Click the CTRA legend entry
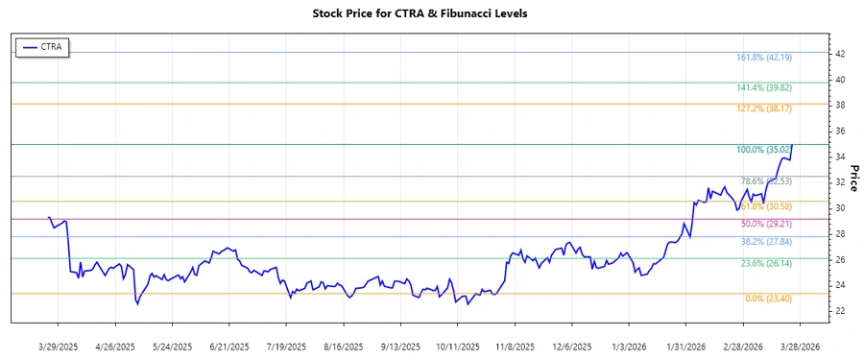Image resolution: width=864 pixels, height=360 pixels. coord(43,46)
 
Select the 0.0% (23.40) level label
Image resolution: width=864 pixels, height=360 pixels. coord(768,300)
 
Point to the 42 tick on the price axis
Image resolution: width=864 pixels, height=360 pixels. coord(839,54)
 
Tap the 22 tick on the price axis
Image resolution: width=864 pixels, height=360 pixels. coord(839,310)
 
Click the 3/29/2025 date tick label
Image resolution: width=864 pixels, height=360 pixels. coord(59,345)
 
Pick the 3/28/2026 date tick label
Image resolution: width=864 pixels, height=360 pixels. coord(800,345)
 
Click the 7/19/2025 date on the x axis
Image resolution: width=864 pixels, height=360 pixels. coord(286,345)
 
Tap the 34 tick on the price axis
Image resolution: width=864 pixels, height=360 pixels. coord(839,156)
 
